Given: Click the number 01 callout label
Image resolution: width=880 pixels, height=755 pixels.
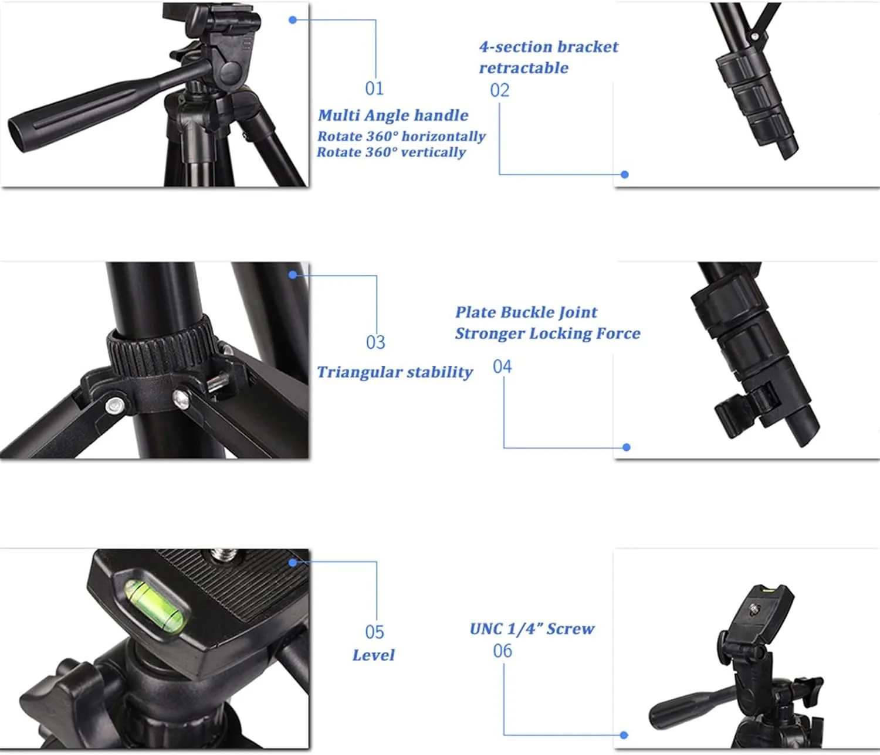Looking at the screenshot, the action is [x=375, y=89].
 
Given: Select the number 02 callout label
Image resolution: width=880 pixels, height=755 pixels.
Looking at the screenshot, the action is [x=499, y=91].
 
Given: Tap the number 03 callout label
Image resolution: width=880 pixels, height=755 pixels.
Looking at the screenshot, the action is [x=375, y=342].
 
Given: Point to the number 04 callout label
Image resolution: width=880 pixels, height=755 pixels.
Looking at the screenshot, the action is [x=502, y=366].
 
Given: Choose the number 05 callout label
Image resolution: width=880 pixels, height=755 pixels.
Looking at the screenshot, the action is [x=375, y=632].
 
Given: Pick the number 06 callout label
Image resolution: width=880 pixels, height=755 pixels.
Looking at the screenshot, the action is [x=502, y=651].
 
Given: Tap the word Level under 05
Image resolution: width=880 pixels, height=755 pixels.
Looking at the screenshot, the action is [x=373, y=655].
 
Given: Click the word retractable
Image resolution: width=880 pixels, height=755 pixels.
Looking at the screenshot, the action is [x=524, y=68].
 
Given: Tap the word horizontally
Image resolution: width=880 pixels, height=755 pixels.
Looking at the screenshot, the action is [x=443, y=137].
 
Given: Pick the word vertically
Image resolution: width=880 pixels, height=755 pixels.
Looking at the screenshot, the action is [x=433, y=152].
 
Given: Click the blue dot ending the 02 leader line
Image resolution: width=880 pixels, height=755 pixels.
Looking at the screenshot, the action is [x=625, y=175].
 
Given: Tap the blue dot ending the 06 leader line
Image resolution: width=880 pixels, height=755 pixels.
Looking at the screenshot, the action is [x=624, y=735].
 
